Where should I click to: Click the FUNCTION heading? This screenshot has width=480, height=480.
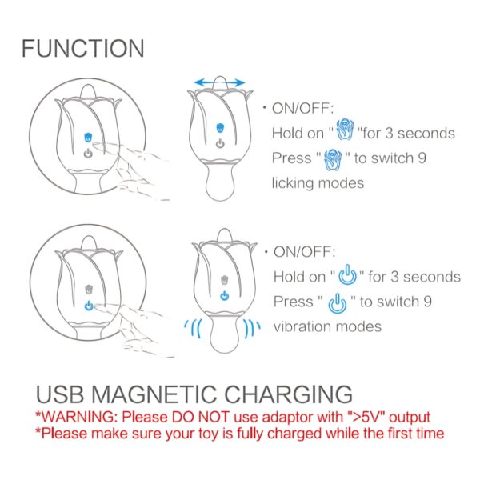pos(83,48)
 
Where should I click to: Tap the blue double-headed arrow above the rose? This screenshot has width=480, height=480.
pos(219,82)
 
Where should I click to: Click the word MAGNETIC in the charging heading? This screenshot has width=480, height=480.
pos(154,394)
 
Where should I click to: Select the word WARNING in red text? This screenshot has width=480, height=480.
pos(78,417)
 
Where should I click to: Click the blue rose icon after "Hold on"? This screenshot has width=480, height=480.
pos(345,130)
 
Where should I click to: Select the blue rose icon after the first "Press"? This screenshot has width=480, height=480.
pos(333,159)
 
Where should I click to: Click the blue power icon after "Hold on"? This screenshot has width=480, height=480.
pos(347,274)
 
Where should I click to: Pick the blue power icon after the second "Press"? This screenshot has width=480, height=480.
pos(338,303)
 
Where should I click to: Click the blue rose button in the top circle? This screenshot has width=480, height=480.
pos(88,138)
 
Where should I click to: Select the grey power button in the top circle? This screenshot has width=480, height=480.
pos(88,153)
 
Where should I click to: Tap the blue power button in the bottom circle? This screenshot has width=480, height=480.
pos(89,306)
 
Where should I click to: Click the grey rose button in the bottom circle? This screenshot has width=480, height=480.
pos(89,290)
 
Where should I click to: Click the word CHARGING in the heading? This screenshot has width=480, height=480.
pos(288,394)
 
